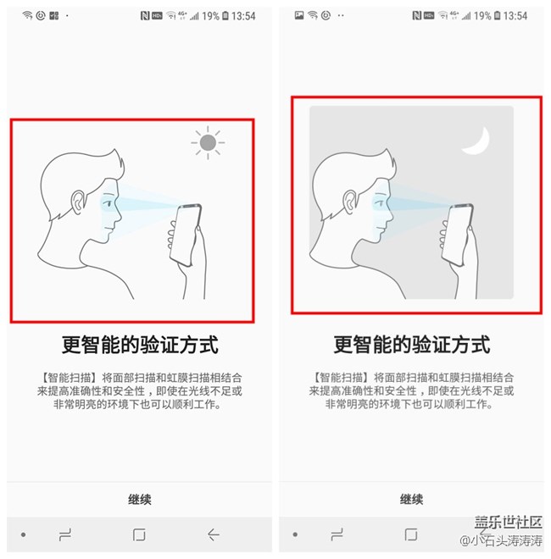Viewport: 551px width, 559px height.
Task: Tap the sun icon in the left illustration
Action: pos(208,143)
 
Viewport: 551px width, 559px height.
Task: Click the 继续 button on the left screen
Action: pos(139,500)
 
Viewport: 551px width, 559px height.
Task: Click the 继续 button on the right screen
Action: pos(411,500)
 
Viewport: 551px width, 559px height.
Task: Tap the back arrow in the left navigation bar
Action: pos(214,535)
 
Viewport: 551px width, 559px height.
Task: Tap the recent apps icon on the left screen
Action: pos(64,535)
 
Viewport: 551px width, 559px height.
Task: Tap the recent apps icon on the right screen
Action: pos(337,535)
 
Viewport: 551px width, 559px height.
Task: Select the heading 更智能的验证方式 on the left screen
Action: pos(140,345)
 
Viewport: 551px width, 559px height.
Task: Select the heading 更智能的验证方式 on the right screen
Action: pos(411,345)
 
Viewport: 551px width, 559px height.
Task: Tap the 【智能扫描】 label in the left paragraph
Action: pos(69,377)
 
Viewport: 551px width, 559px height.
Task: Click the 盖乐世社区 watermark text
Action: pos(507,523)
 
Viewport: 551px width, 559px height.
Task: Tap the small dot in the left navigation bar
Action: pos(23,535)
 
